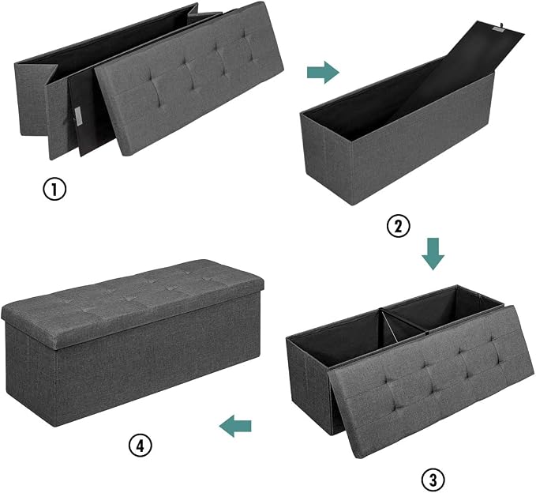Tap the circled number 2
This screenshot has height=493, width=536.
click(398, 226)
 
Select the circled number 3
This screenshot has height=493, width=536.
click(433, 479)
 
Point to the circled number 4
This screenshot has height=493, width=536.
click(141, 445)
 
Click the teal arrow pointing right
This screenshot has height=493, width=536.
click(323, 72)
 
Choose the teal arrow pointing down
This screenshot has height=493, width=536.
click(433, 254)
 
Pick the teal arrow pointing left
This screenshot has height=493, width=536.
click(235, 426)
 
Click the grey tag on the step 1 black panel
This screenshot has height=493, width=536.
click(78, 115)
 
